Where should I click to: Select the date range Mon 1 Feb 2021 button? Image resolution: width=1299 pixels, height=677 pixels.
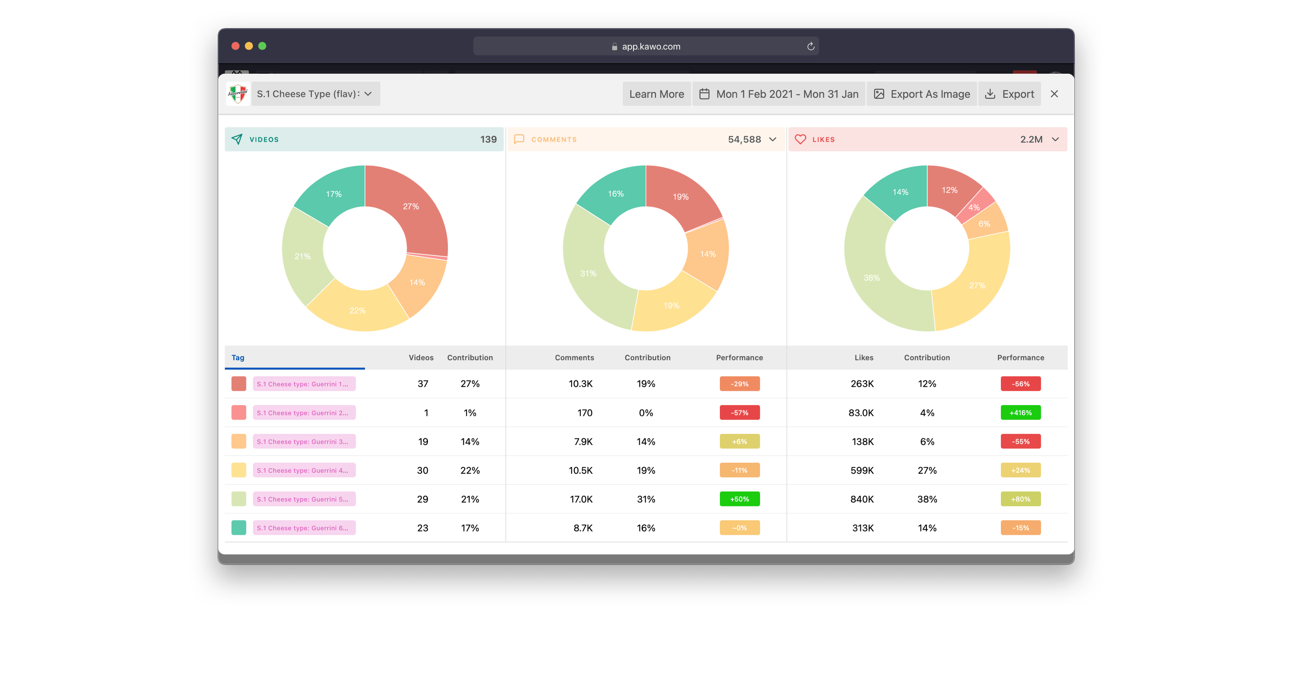coord(779,94)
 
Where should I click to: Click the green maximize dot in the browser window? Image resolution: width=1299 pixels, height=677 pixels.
coord(262,46)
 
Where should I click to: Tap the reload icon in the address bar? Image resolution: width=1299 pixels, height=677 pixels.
coord(811,46)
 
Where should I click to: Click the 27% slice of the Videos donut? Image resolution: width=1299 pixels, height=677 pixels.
coord(411,207)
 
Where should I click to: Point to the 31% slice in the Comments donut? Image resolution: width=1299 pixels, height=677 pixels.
coord(588,274)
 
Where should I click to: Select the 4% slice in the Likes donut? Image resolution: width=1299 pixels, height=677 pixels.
coord(974,208)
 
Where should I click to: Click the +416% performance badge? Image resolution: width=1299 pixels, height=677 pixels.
coord(1020,413)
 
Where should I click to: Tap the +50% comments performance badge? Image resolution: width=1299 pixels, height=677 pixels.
coord(739,499)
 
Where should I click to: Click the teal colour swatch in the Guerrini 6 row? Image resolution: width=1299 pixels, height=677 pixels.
coord(238,528)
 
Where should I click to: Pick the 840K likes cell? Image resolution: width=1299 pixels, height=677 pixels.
coord(862,499)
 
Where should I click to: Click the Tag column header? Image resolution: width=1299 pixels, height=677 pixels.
coord(238,358)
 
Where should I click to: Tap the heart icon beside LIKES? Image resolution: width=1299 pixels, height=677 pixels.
coord(800,139)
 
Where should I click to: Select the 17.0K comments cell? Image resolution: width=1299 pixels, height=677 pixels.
coord(581,499)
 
